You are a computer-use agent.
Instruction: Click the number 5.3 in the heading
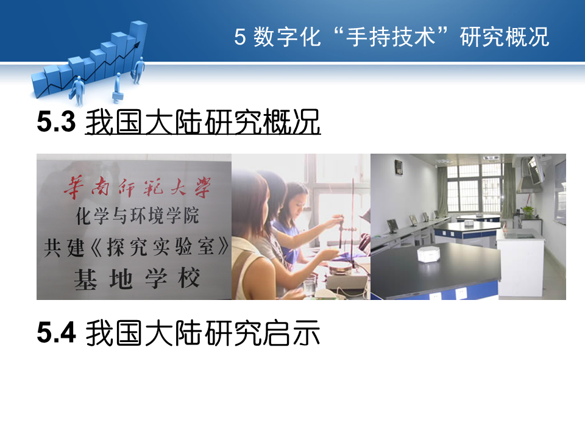coord(56,122)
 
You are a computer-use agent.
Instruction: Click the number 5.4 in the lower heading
coord(56,332)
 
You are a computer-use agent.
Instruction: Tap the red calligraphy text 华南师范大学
coord(137,187)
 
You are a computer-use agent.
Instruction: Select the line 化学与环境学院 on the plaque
coord(137,216)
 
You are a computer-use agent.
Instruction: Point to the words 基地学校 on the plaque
coord(136,279)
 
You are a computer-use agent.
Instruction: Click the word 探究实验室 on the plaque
coord(160,247)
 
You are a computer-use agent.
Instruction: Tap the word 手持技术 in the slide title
coord(391,37)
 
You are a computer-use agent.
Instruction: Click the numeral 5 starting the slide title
coord(240,37)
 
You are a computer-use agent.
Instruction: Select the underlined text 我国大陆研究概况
coord(202,122)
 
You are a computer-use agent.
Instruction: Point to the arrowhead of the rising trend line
coord(137,45)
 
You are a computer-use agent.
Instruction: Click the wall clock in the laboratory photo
coord(399,167)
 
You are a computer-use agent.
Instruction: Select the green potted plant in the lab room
coord(528,212)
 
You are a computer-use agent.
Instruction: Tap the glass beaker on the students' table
coord(310,287)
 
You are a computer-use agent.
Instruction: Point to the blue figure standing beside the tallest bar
coord(139,70)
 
